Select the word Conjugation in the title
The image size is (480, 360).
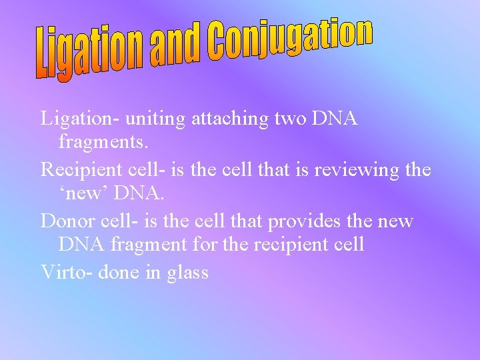click(x=289, y=40)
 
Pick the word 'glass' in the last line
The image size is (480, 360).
click(x=188, y=272)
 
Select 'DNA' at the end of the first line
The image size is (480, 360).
click(x=336, y=119)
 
